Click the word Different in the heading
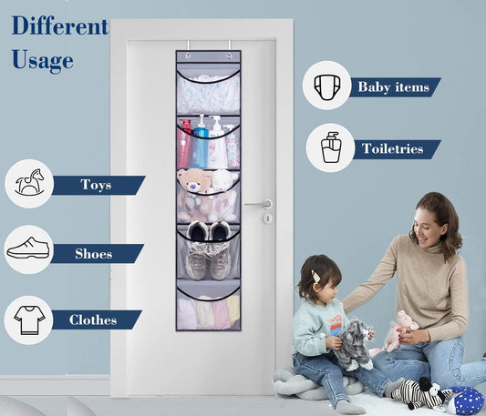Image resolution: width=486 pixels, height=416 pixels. tap(59, 26)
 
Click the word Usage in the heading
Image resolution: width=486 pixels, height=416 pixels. tap(42, 61)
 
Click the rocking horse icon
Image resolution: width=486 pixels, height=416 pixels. tap(28, 183)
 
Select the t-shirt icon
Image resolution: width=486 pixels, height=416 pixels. tap(28, 320)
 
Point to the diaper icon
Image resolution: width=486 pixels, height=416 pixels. tap(327, 86)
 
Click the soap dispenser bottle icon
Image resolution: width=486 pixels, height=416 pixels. tap(330, 147)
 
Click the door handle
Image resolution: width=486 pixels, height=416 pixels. tap(260, 205)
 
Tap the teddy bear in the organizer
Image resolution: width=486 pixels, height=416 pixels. tap(194, 186)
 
